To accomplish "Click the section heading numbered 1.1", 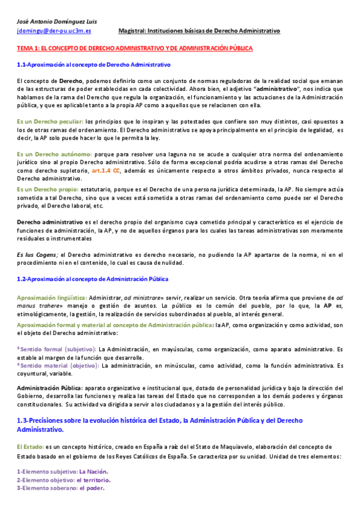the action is (94, 64).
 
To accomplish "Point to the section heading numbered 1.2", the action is (93, 278).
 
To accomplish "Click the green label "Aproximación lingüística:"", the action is (52, 297).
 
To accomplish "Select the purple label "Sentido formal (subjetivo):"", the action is (58, 348).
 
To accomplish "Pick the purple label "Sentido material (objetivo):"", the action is (60, 364).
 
